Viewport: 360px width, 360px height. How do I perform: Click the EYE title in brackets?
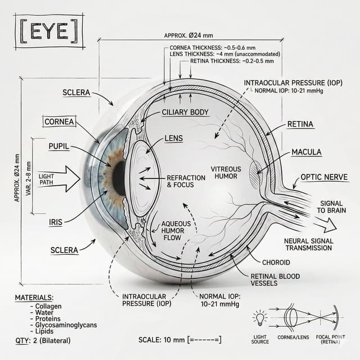tap(49, 31)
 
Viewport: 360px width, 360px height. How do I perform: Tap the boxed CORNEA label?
tap(59, 121)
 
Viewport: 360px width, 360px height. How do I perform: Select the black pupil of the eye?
tap(119, 178)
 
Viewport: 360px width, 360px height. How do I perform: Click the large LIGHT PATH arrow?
tap(59, 179)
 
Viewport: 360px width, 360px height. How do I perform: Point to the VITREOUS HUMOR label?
tap(226, 173)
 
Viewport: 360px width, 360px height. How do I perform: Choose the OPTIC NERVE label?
tap(324, 177)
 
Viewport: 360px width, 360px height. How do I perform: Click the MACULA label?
tap(306, 152)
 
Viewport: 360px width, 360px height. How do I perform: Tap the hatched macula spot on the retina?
tap(255, 175)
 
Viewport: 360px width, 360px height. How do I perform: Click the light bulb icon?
tap(260, 318)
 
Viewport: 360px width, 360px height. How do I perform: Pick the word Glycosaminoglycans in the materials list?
tap(66, 325)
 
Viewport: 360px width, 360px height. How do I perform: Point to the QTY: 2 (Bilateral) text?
tap(43, 340)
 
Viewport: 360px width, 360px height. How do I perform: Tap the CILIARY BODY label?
tap(185, 112)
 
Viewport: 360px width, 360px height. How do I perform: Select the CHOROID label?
tap(276, 262)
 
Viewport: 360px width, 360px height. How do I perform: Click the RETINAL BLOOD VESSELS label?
tap(275, 280)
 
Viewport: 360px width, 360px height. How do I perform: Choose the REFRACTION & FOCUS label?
tap(186, 181)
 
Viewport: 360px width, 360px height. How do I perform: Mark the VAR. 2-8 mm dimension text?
tap(29, 179)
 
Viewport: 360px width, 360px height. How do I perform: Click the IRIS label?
tap(56, 222)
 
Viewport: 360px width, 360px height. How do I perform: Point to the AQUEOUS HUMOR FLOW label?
tap(176, 231)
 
